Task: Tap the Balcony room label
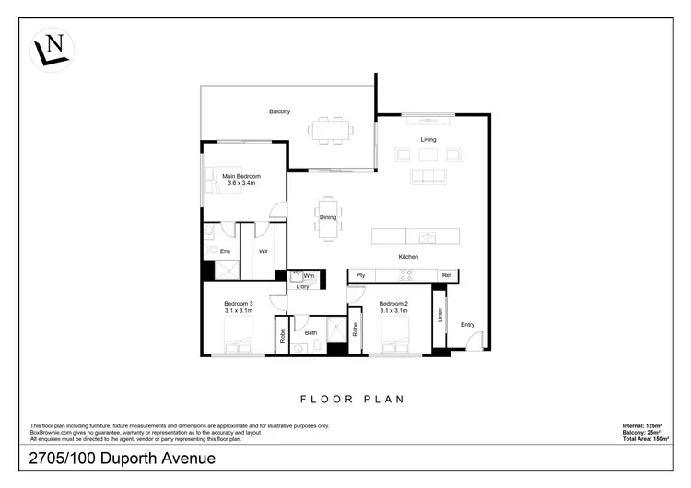(280, 111)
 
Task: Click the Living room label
(428, 139)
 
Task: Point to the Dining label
(327, 217)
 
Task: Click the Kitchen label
(409, 256)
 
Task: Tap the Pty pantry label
(360, 275)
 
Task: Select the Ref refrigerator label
(446, 275)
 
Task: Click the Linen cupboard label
(440, 315)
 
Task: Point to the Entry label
(468, 324)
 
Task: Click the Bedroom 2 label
(393, 303)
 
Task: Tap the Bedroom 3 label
(238, 303)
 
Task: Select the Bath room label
(311, 332)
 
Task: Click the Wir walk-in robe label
(263, 250)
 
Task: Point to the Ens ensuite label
(225, 250)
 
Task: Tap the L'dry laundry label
(302, 286)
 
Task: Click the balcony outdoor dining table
(331, 130)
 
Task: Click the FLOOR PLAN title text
(354, 400)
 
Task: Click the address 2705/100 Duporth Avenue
(123, 458)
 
